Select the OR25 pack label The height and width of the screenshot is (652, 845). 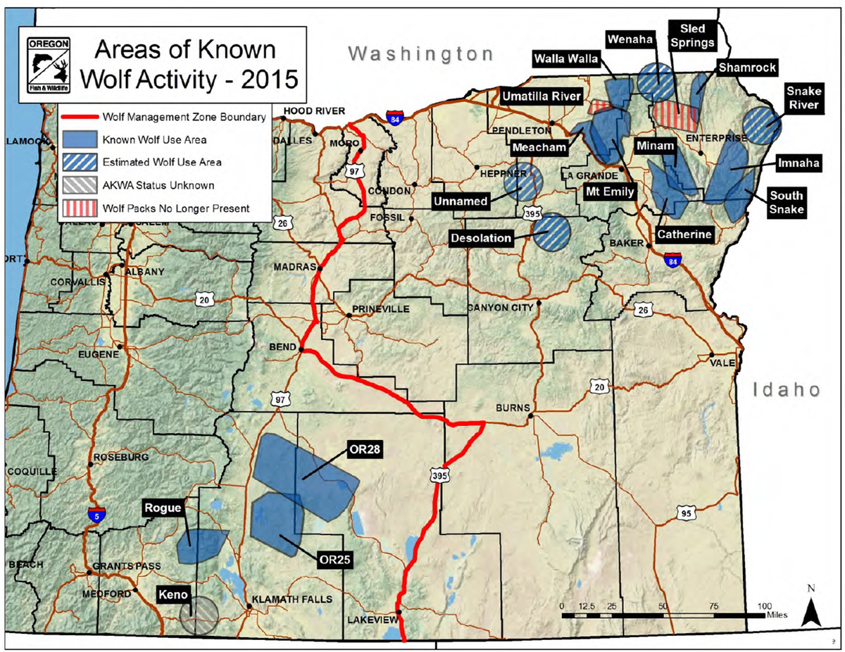(x=331, y=560)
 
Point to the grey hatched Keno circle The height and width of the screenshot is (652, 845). (x=199, y=615)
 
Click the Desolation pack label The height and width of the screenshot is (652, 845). (x=482, y=238)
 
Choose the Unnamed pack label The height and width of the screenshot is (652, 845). (x=461, y=201)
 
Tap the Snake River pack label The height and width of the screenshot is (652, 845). (x=803, y=96)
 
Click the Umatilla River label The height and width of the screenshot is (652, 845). (x=542, y=96)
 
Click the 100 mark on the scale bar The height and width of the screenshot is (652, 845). (x=764, y=606)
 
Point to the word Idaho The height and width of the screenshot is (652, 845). (x=786, y=389)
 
